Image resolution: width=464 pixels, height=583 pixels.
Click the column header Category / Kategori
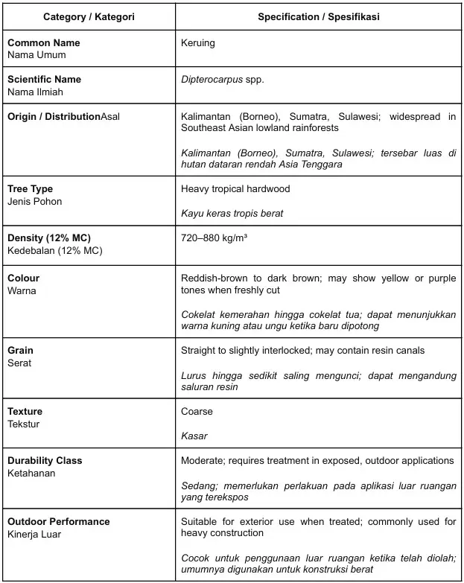pos(89,16)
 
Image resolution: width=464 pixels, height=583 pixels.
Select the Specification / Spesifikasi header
pos(318,16)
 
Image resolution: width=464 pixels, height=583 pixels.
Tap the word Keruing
pos(197,42)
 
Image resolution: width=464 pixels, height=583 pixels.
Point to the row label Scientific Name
pos(44,80)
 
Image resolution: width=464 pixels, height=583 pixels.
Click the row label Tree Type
pos(30,189)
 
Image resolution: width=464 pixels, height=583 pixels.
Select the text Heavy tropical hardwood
pos(235,189)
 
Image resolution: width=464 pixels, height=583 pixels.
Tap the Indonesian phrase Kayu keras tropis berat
pos(232,214)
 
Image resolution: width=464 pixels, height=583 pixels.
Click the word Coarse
pos(197,412)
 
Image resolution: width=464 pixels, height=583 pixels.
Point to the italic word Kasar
pos(194,436)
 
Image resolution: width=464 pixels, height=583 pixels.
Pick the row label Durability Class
pos(45,461)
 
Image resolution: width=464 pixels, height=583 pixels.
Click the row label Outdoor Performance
pos(58,522)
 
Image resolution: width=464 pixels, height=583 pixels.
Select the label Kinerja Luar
pos(35,535)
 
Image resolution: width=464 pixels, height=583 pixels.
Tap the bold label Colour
pos(23,278)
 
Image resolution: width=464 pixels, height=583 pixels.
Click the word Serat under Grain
pos(19,363)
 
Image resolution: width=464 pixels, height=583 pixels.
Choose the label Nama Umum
pos(36,55)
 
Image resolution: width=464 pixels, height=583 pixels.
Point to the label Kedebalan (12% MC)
pos(54,250)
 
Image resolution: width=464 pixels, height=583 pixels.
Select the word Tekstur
pos(24,424)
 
